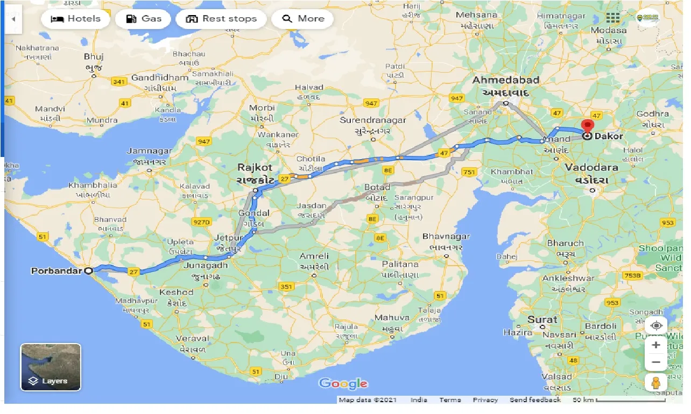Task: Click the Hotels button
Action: pos(76,19)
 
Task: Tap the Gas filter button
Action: pos(143,19)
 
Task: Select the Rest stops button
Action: pos(221,19)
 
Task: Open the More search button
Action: pos(302,19)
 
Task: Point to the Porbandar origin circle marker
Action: pos(89,270)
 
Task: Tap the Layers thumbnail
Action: pos(51,367)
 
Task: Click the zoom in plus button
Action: pos(656,345)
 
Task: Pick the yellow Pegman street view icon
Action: pos(656,382)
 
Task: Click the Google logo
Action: pos(343,383)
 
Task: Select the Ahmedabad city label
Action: pos(505,80)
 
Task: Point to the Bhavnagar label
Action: pos(446,236)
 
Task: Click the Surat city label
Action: pos(542,319)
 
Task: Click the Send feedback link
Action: pos(535,399)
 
